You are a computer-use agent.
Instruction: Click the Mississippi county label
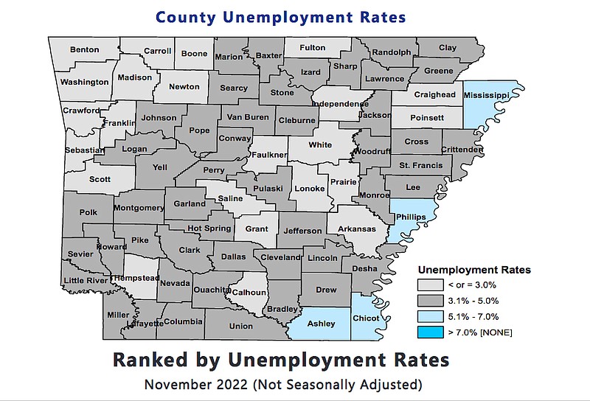[x=487, y=96]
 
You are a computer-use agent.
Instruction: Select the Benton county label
[x=84, y=50]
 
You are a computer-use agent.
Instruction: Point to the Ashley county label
[x=321, y=324]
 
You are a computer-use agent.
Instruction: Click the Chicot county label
[x=366, y=318]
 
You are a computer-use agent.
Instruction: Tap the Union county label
[x=241, y=326]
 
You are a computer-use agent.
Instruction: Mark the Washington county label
[x=84, y=82]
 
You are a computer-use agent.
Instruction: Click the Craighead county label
[x=434, y=94]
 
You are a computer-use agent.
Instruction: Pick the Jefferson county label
[x=302, y=231]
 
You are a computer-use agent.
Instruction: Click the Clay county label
[x=448, y=48]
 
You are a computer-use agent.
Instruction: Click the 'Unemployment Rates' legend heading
[x=474, y=269]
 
